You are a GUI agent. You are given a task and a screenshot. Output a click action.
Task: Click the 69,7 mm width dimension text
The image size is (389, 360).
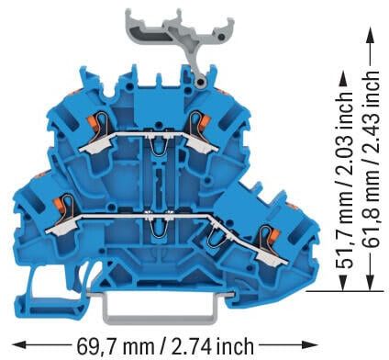(115, 346)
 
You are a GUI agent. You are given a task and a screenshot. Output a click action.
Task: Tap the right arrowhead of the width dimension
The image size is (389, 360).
(311, 344)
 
